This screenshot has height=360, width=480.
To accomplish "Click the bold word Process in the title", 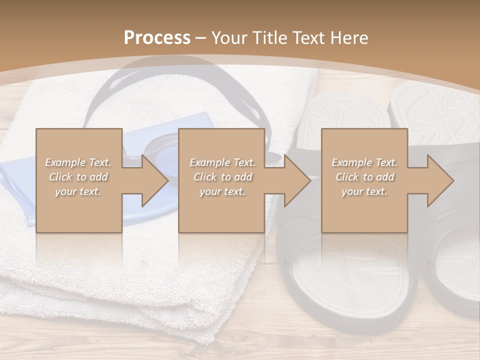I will coord(157,38).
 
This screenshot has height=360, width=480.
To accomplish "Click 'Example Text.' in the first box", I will coord(78,162).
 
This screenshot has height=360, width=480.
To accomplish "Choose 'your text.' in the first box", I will coord(78,191).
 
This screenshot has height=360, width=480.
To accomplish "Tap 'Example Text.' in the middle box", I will coord(222,162).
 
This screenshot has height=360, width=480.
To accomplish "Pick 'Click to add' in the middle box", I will coord(222,177).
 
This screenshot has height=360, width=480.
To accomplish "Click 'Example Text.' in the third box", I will coord(364,162).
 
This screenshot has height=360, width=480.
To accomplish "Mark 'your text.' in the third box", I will coord(364,191).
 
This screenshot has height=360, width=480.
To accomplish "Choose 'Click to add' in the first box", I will coord(78,177).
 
